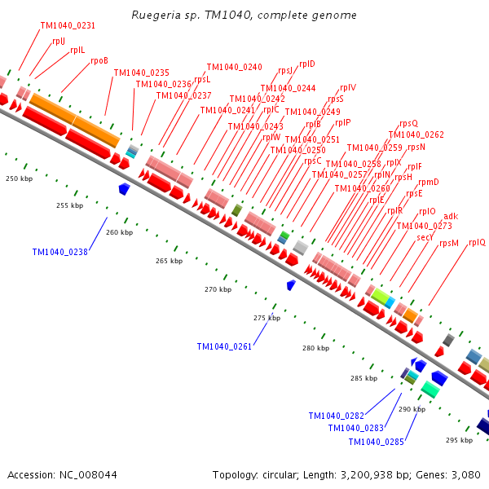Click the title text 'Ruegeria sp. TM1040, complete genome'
tap(244, 15)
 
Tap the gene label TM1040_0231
tap(68, 26)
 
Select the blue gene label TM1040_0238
tap(59, 252)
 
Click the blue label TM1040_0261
tap(224, 346)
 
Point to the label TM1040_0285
tap(376, 442)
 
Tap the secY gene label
tap(425, 237)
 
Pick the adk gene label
tap(451, 216)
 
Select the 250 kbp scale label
tap(20, 178)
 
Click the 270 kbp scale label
tap(218, 289)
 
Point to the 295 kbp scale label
tap(459, 440)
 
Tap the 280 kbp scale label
tap(315, 348)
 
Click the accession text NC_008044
tap(63, 474)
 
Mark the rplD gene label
tap(307, 64)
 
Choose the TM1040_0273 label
tap(424, 226)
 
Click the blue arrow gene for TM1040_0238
tap(125, 189)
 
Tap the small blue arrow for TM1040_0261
tap(291, 284)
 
